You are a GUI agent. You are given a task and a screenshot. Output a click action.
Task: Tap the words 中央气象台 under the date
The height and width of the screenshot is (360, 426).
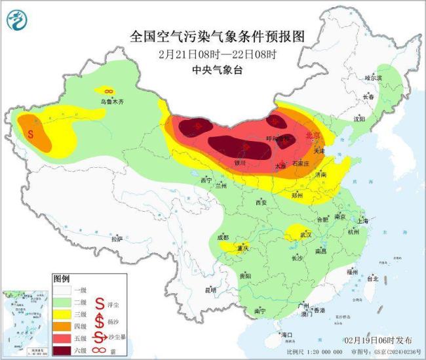coord(214,69)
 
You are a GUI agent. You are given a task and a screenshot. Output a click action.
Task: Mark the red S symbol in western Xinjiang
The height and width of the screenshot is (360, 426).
coord(30,132)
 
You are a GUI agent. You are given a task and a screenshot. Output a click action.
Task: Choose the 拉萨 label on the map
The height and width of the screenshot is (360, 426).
coord(117,239)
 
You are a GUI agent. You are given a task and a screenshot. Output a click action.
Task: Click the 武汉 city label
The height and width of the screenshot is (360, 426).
coord(303,235)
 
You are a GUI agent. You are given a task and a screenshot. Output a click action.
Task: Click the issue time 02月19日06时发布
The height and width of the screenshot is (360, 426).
coord(378,340)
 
